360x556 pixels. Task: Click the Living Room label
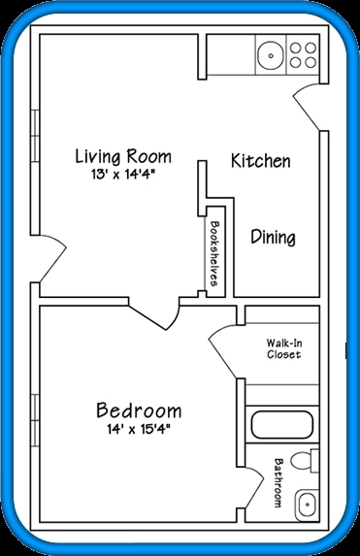tap(123, 156)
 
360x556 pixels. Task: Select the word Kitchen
tap(260, 161)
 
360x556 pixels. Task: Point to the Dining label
tap(273, 237)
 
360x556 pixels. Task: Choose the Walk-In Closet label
tap(283, 348)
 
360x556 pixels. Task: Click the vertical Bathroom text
tap(278, 482)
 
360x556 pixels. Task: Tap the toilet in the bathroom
tap(306, 462)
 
